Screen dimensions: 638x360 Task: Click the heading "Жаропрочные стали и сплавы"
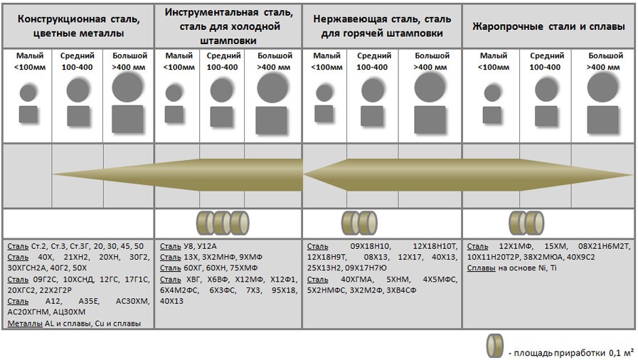coord(548,27)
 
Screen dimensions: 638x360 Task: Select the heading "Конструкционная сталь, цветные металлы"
coord(78,26)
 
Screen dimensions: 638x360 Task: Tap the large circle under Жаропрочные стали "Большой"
coord(602,87)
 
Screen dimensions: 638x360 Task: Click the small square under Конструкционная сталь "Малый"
coord(28,115)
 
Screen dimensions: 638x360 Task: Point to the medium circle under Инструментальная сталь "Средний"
coord(222,90)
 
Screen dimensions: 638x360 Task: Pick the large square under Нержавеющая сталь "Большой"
coord(430,120)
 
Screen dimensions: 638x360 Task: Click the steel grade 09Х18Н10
coord(371,246)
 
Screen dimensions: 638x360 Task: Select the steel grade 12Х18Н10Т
coord(435,246)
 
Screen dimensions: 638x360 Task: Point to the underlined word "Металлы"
coord(25,324)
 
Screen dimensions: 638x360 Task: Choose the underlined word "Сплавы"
coord(482,268)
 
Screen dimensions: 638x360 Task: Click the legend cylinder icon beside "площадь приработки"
coord(494,346)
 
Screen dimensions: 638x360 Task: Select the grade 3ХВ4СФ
coord(401,290)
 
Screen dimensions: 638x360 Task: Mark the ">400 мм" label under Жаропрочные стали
coord(603,67)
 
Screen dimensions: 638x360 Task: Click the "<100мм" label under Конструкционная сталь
coord(30,67)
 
